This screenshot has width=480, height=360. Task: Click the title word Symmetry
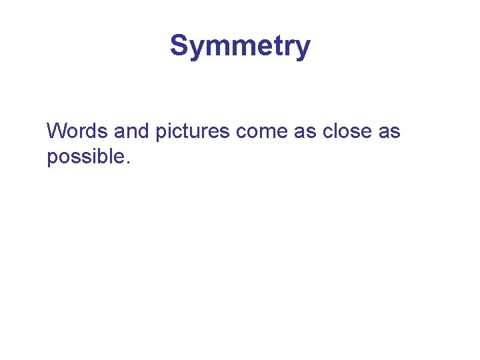pyautogui.click(x=240, y=47)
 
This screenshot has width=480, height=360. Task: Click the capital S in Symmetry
pyautogui.click(x=179, y=46)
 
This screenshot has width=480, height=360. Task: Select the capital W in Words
pyautogui.click(x=55, y=131)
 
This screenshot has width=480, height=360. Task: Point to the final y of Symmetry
pyautogui.click(x=303, y=49)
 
